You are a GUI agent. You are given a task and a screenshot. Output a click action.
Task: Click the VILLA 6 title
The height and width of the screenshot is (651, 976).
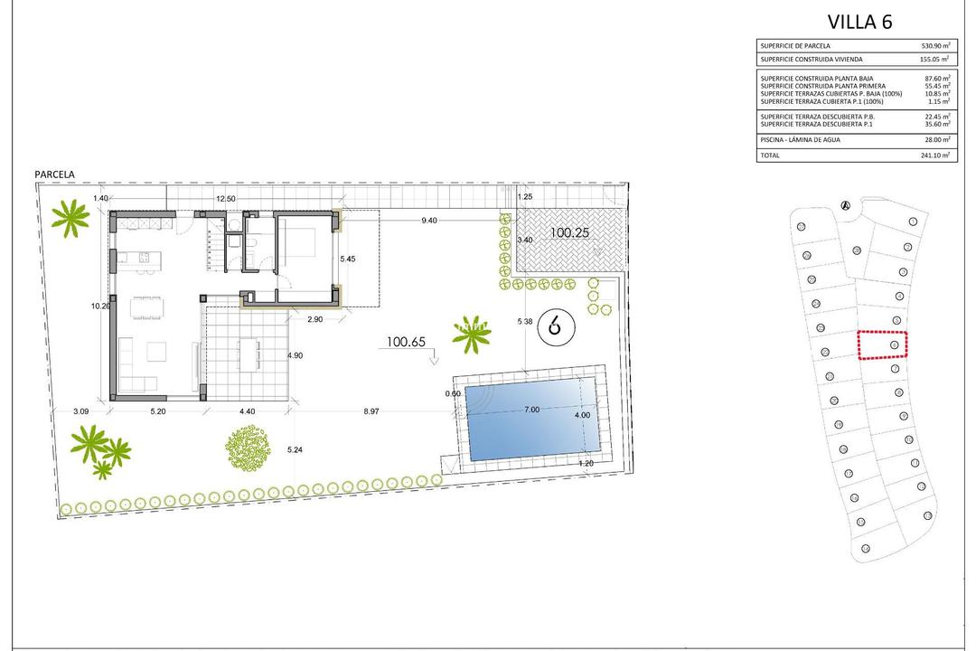859,23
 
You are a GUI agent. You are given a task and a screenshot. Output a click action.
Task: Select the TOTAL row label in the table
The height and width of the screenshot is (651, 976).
770,156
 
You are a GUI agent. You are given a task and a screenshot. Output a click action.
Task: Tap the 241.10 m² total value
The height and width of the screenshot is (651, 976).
933,156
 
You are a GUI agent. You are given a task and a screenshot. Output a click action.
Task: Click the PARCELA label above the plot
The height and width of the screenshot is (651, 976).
54,175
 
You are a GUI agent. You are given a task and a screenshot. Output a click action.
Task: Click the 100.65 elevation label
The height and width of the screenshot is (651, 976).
406,342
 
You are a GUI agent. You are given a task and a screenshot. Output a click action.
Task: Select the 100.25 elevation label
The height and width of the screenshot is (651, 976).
569,232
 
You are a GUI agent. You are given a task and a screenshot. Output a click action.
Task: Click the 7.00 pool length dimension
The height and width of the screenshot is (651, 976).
531,410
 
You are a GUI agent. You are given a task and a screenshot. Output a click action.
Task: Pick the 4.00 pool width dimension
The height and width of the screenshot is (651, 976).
581,416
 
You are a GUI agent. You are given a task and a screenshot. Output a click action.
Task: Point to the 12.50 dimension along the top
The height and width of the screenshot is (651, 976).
225,199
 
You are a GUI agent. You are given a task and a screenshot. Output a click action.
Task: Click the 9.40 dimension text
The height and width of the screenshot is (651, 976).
429,220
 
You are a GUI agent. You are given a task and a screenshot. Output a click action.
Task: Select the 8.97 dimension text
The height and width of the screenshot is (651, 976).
371,411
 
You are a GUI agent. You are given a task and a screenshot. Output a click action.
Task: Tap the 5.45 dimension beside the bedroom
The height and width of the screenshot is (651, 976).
348,259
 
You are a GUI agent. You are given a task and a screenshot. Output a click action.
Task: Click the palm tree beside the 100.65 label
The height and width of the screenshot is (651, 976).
471,335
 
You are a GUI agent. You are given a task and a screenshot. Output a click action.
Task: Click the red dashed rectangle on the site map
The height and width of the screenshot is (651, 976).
882,344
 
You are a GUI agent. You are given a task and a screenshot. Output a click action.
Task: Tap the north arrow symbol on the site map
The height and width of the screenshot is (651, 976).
846,205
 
